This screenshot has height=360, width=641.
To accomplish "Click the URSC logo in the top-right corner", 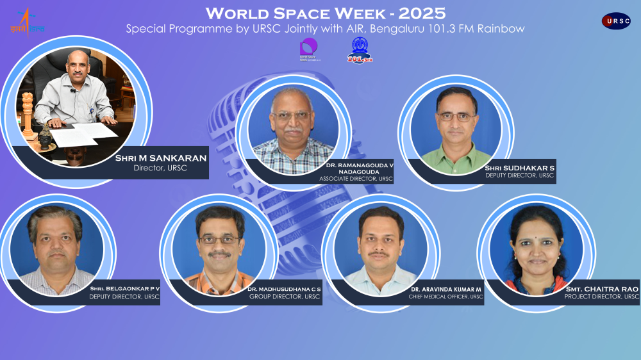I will pyautogui.click(x=615, y=21).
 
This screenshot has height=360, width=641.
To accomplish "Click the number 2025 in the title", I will pyautogui.click(x=422, y=13).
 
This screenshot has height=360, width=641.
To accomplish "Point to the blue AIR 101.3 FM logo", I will pyautogui.click(x=359, y=50).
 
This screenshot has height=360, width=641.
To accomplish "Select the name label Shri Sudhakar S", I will pyautogui.click(x=520, y=168).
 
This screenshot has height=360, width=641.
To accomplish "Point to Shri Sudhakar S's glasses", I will pyautogui.click(x=456, y=116).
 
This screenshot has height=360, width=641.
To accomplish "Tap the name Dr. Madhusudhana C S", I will pyautogui.click(x=284, y=289).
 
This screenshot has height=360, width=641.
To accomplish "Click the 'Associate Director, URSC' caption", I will pyautogui.click(x=356, y=179).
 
